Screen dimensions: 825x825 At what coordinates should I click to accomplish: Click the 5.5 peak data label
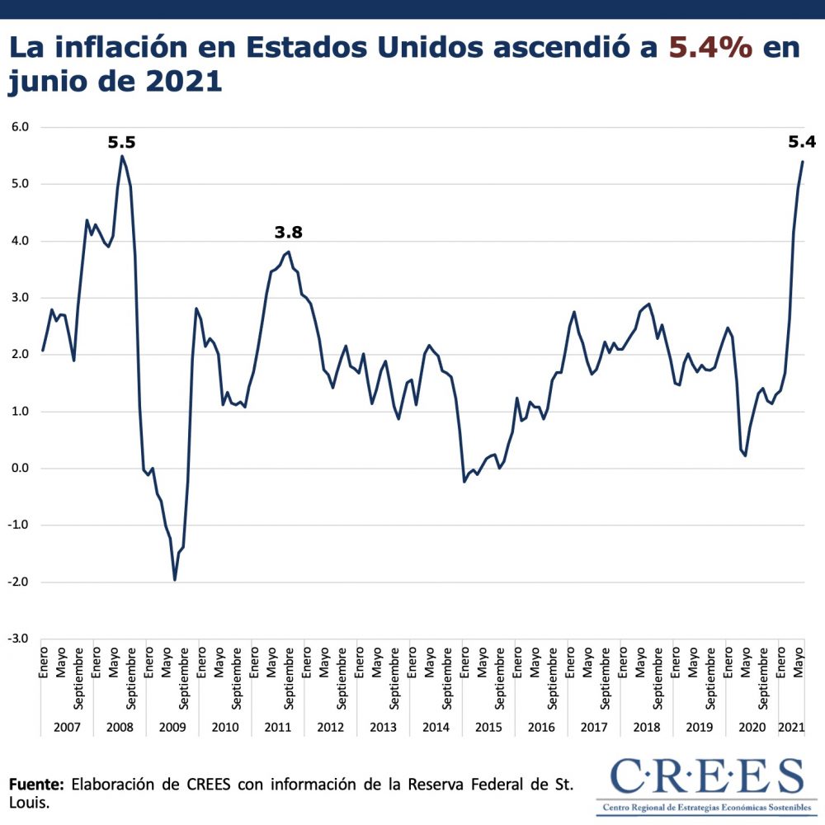[121, 143]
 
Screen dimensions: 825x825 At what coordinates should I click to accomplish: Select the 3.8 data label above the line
[289, 233]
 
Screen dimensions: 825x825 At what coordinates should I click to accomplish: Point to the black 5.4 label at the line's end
[801, 142]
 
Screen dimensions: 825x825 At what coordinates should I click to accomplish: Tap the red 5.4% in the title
[709, 47]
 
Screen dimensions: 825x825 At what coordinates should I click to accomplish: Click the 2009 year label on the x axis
[172, 728]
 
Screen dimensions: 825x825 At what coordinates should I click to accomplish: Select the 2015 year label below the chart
[488, 728]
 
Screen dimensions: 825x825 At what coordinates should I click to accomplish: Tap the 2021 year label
[792, 728]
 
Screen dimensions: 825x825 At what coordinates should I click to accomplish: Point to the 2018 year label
[647, 728]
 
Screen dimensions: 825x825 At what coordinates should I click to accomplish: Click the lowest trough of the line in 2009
[175, 580]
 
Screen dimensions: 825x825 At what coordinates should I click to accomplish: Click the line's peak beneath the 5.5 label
[122, 156]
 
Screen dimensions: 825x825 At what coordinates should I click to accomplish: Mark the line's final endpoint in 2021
[803, 162]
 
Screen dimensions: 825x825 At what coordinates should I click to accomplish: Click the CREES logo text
[706, 777]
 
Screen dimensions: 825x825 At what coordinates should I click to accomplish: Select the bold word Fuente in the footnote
[35, 784]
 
